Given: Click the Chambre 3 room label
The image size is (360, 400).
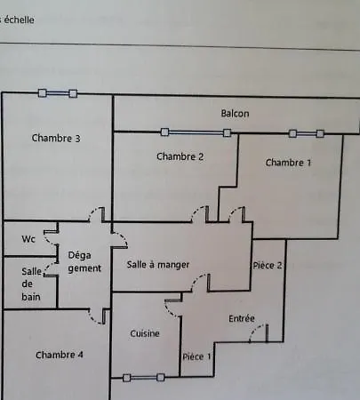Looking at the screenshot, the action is pyautogui.click(x=56, y=138).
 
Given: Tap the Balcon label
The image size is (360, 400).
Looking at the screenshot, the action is pyautogui.click(x=235, y=113).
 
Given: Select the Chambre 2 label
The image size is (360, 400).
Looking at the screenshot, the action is pyautogui.click(x=180, y=156).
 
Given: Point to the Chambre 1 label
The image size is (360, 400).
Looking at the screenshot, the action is pyautogui.click(x=288, y=163).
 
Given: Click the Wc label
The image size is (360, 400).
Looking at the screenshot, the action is pyautogui.click(x=28, y=239).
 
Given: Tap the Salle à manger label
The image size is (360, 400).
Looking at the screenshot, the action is pyautogui.click(x=158, y=264).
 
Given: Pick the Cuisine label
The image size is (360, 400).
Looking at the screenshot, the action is pyautogui.click(x=145, y=333).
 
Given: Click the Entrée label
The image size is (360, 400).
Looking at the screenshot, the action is pyautogui.click(x=242, y=318).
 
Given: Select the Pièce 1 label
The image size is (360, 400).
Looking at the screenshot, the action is pyautogui.click(x=196, y=356).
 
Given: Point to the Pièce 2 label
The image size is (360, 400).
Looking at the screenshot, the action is pyautogui.click(x=268, y=265).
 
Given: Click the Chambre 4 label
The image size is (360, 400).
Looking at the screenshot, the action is pyautogui.click(x=60, y=355).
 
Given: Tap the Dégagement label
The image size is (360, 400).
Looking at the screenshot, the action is pyautogui.click(x=84, y=262).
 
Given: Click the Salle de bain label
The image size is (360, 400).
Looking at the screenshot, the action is pyautogui.click(x=31, y=284).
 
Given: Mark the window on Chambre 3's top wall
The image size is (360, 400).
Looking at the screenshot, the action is pyautogui.click(x=58, y=93).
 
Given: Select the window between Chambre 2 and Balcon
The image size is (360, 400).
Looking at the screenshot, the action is pyautogui.click(x=196, y=132).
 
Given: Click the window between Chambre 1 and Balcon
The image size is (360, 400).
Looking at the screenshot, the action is pyautogui.click(x=307, y=133).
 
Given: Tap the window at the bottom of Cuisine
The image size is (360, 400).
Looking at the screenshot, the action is pyautogui.click(x=144, y=378).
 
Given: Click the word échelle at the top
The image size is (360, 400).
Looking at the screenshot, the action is pyautogui.click(x=19, y=20).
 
